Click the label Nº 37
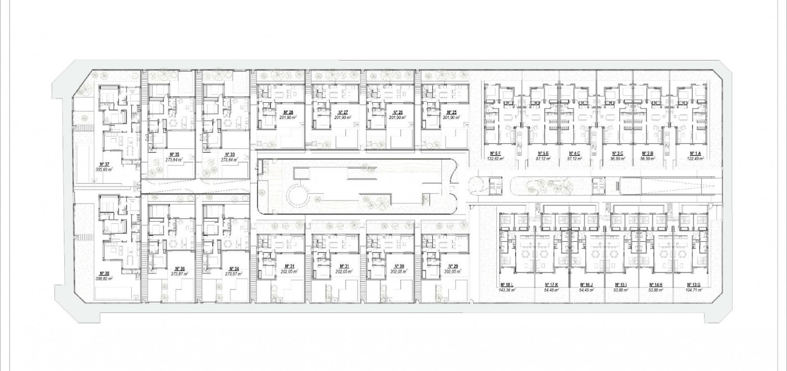(103, 164)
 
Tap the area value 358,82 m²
(104, 278)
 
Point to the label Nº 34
(233, 269)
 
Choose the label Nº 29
(452, 266)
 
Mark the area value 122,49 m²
(694, 158)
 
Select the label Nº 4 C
(574, 154)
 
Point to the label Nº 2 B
(648, 154)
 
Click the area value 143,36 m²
(507, 290)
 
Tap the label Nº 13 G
(694, 285)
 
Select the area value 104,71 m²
(694, 290)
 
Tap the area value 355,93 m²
(104, 169)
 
